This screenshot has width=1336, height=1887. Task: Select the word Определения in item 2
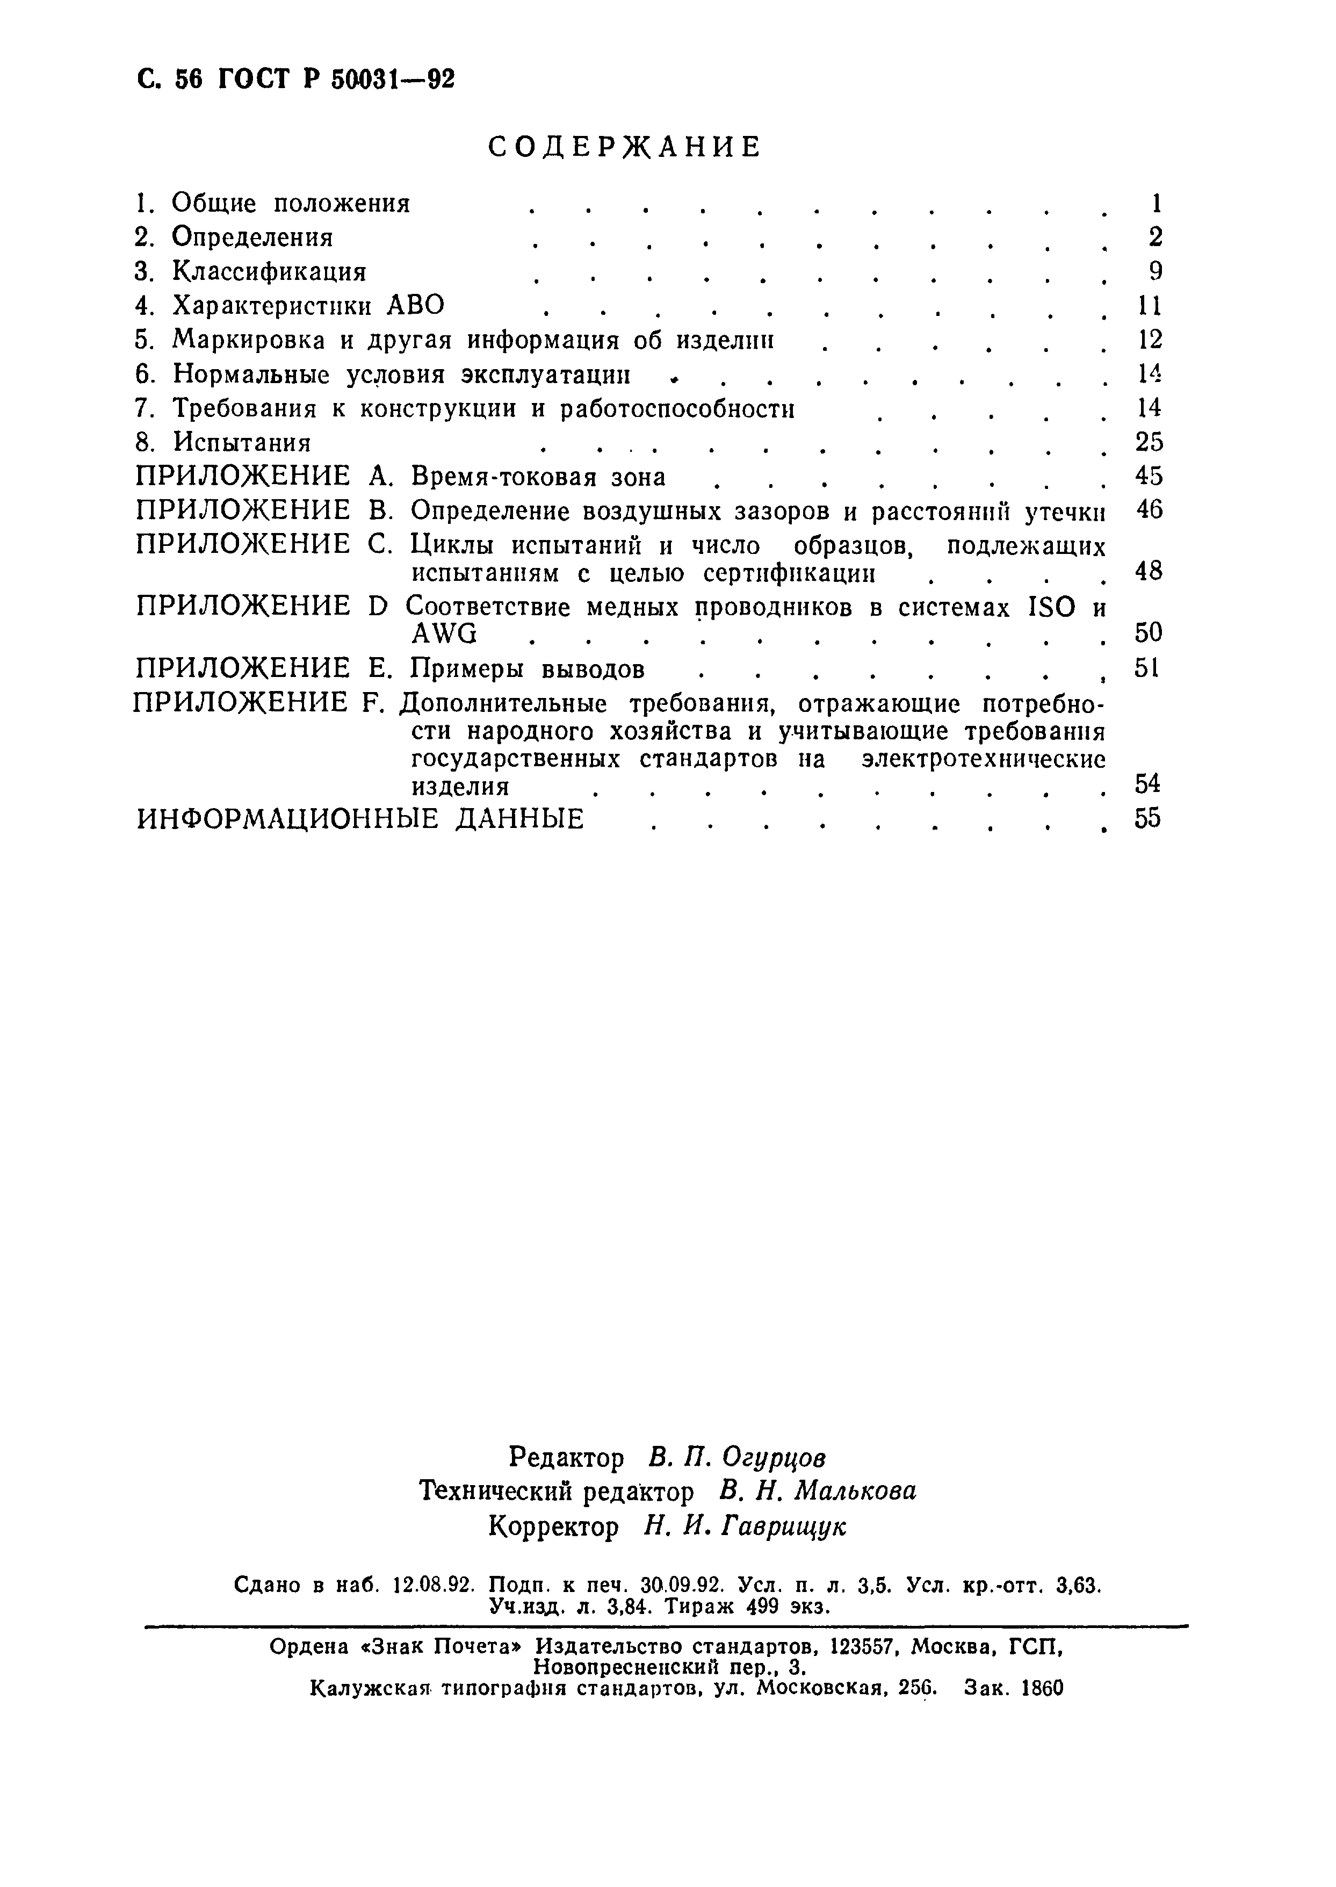click(252, 237)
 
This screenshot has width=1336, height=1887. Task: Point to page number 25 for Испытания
click(1149, 443)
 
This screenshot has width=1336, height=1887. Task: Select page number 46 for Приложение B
click(1149, 511)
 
